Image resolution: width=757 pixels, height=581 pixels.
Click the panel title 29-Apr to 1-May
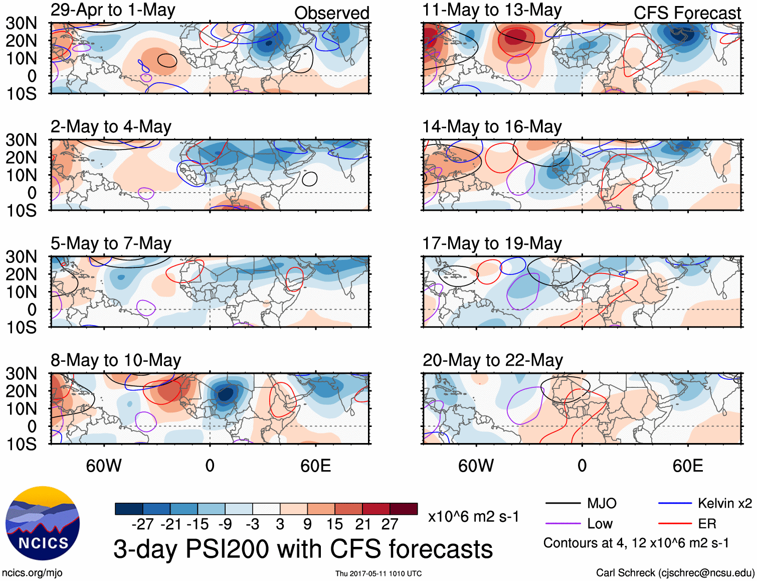pyautogui.click(x=113, y=10)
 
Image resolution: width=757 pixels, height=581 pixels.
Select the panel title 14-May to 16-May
pyautogui.click(x=492, y=127)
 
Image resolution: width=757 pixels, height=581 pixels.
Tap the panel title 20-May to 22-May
pyautogui.click(x=492, y=360)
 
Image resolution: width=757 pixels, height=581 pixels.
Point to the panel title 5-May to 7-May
pyautogui.click(x=111, y=244)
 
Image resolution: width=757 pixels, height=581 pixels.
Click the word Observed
pyautogui.click(x=331, y=13)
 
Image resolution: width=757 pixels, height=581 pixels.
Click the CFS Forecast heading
pyautogui.click(x=687, y=13)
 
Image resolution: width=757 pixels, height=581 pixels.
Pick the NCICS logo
pyautogui.click(x=43, y=523)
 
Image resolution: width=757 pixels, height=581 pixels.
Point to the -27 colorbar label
pyautogui.click(x=143, y=524)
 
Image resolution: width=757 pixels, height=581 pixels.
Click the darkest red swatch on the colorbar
pyautogui.click(x=404, y=509)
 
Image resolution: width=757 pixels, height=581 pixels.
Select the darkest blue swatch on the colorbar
pyautogui.click(x=129, y=509)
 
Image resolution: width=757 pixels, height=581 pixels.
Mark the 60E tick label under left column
pyautogui.click(x=315, y=466)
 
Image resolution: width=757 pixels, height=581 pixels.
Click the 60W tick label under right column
pyautogui.click(x=476, y=466)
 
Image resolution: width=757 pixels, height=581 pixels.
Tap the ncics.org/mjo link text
pyautogui.click(x=32, y=573)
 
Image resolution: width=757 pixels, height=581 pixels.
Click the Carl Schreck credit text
pyautogui.click(x=675, y=573)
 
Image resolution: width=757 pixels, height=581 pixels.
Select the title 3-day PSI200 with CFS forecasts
pyautogui.click(x=303, y=549)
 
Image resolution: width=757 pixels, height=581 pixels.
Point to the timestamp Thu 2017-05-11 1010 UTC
pyautogui.click(x=379, y=573)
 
